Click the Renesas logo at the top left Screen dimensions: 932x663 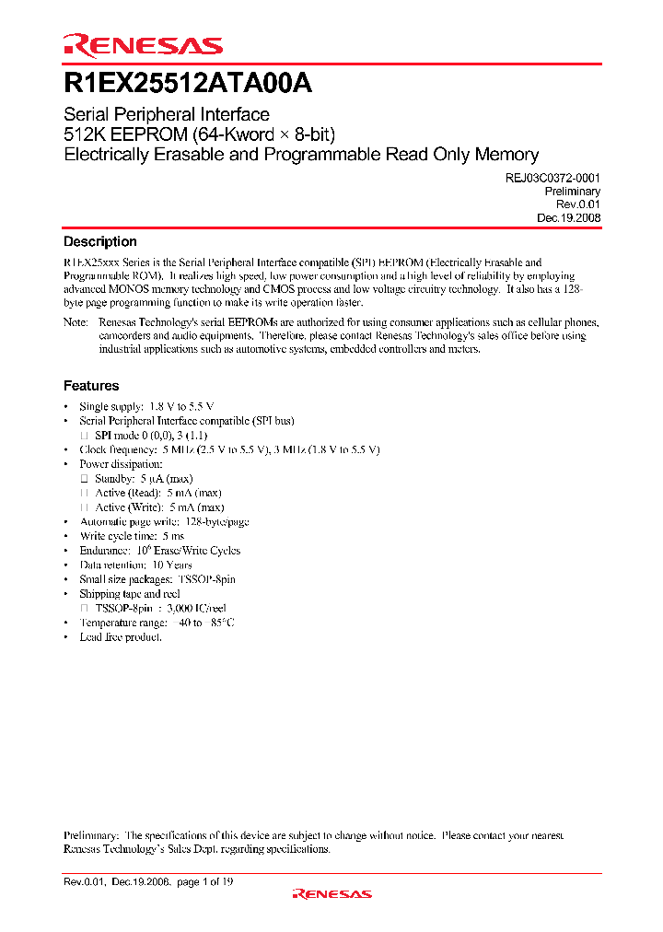pyautogui.click(x=143, y=45)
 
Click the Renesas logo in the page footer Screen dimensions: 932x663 pyautogui.click(x=331, y=893)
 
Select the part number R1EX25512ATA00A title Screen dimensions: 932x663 pyautogui.click(x=188, y=84)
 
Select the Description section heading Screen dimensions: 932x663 pyautogui.click(x=99, y=241)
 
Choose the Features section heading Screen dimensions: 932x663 pyautogui.click(x=90, y=386)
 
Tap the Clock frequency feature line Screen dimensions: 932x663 pyautogui.click(x=229, y=449)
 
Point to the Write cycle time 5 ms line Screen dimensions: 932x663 pyautogui.click(x=132, y=536)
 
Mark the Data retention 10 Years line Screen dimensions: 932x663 pyautogui.click(x=135, y=565)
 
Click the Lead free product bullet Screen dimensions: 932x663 pyautogui.click(x=121, y=637)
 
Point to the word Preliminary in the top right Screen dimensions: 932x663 pyautogui.click(x=573, y=192)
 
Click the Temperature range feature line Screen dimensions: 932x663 pyautogui.click(x=157, y=623)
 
